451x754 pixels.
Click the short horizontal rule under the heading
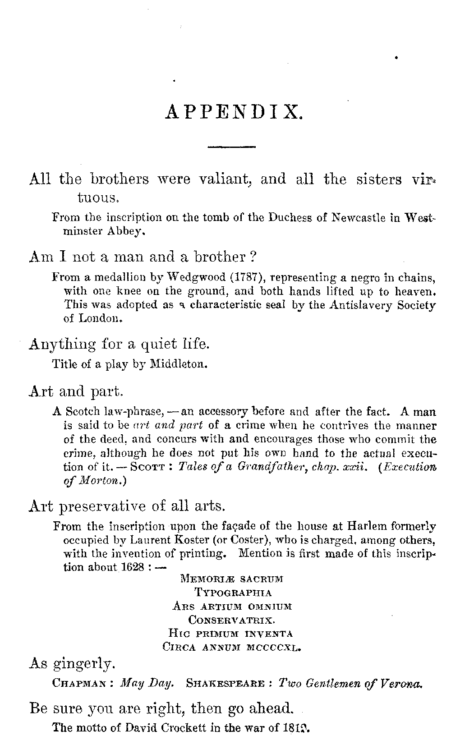[231, 147]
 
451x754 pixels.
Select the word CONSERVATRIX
[232, 620]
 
